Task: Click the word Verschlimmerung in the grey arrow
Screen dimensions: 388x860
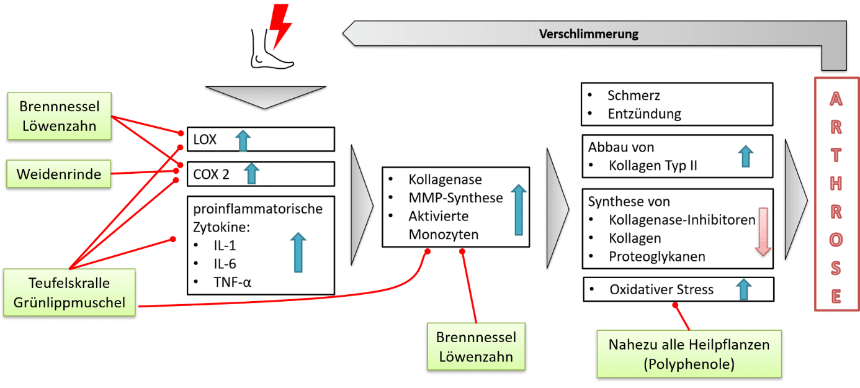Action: (x=588, y=34)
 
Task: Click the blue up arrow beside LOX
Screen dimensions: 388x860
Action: (x=243, y=141)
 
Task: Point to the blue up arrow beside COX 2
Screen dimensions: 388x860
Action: (x=251, y=173)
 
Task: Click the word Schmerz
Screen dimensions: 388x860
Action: (x=634, y=96)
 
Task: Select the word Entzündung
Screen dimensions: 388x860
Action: (x=644, y=114)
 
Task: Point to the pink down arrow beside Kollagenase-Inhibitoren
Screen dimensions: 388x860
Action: (x=763, y=232)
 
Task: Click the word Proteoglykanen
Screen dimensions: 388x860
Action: (x=657, y=256)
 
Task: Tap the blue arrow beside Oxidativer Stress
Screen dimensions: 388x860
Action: (x=743, y=290)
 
